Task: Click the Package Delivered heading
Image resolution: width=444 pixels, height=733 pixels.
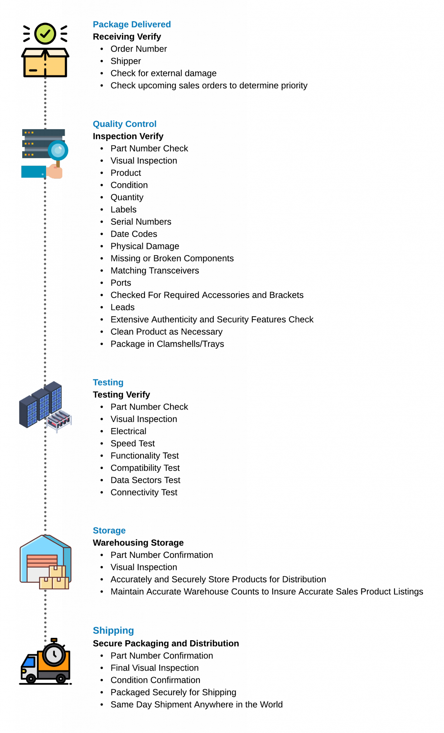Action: point(132,24)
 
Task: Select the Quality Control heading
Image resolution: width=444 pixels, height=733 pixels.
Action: point(124,124)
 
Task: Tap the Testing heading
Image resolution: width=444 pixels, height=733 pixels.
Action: point(108,382)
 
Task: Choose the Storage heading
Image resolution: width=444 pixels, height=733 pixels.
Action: point(109,530)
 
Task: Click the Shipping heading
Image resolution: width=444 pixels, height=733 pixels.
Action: point(113,630)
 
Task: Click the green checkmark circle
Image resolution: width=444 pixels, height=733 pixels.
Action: point(45,34)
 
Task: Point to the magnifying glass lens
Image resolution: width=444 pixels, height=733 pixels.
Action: point(58,150)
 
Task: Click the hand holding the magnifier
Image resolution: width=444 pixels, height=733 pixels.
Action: point(55,172)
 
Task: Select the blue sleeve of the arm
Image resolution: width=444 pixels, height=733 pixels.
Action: point(33,172)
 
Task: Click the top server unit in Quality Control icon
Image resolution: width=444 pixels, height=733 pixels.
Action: point(43,132)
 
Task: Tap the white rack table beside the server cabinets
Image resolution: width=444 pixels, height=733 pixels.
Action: point(59,420)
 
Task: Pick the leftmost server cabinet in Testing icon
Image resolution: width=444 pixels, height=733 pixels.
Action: point(28,412)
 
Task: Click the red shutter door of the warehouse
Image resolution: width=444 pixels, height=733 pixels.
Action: point(42,560)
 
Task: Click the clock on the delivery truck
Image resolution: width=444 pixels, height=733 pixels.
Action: point(54,655)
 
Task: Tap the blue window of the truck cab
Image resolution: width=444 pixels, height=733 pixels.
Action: point(29,662)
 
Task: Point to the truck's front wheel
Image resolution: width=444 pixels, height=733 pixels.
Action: point(31,678)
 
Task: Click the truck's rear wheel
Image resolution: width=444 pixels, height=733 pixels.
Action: point(61,678)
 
